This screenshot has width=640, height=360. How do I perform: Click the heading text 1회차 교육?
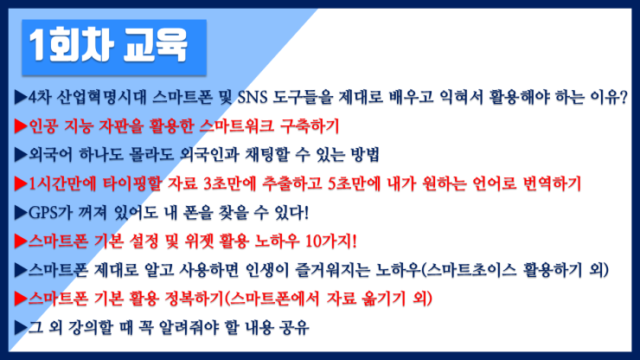click(108, 46)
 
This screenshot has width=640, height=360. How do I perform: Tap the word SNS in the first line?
click(253, 97)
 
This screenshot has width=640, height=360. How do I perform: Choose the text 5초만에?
click(355, 183)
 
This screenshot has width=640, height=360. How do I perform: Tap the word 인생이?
click(268, 270)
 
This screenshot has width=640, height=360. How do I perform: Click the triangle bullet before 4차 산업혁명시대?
click(21, 97)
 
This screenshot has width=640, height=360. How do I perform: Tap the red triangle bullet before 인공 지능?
click(21, 125)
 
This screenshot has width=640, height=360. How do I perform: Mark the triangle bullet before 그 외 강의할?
click(21, 328)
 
